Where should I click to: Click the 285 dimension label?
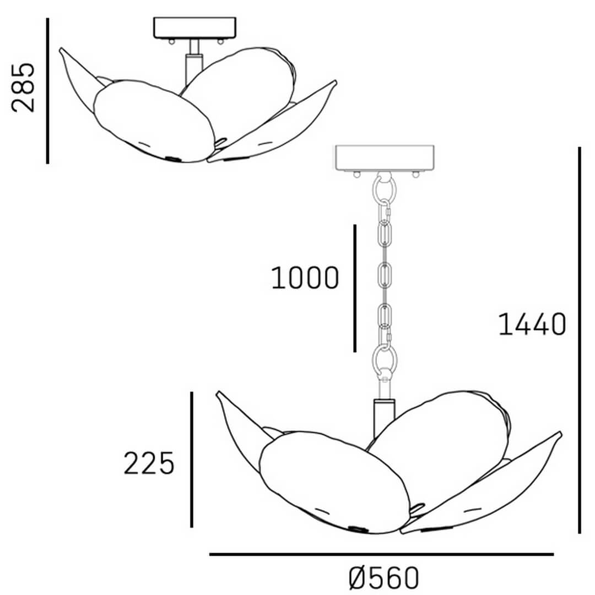coord(23,88)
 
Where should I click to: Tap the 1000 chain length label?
coord(305,278)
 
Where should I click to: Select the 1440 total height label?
coord(532,324)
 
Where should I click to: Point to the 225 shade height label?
coord(149,463)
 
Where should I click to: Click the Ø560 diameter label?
coord(383,577)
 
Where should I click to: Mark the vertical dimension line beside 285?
coord(47,91)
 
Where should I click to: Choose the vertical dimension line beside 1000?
coord(355,288)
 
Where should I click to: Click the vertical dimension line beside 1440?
coord(580,340)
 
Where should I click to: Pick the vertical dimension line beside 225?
coord(192,459)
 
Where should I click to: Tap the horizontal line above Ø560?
coord(381,554)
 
